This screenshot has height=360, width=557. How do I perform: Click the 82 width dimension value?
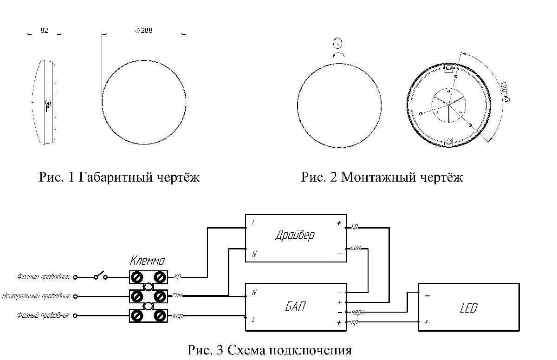(x=45, y=31)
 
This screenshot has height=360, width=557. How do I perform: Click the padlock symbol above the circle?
(x=338, y=44)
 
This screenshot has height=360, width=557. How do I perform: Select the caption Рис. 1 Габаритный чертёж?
(x=119, y=177)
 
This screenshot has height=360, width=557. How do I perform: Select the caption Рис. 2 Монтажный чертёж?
(x=382, y=177)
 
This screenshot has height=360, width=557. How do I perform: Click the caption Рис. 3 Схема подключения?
(x=270, y=350)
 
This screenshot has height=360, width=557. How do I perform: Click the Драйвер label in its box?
(x=294, y=235)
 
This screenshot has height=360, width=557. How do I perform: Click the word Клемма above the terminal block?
(x=147, y=260)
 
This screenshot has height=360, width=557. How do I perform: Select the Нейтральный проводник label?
(x=36, y=295)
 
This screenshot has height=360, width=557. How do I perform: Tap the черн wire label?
(x=357, y=312)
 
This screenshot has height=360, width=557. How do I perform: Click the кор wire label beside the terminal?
(x=177, y=316)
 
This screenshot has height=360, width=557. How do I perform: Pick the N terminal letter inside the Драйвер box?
(x=254, y=254)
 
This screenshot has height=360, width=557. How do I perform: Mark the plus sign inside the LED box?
(x=426, y=321)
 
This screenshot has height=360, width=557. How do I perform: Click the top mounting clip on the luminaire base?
(x=449, y=69)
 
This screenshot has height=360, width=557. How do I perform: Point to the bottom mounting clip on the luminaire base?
(x=449, y=142)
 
